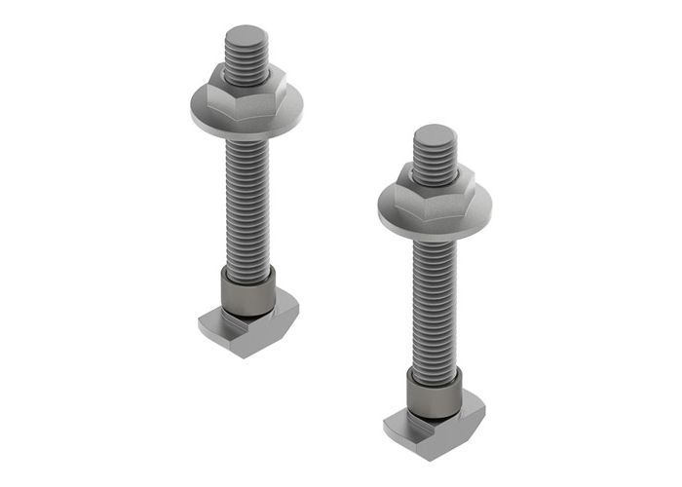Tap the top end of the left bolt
click(245, 37)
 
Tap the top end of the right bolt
click(433, 134)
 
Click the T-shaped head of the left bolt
click(247, 325)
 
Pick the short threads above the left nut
click(245, 58)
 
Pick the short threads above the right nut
click(434, 156)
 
